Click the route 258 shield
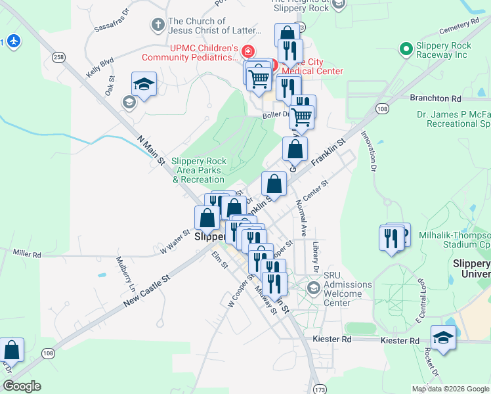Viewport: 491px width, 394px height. (x=59, y=58)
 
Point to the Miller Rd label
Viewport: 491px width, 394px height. (x=27, y=253)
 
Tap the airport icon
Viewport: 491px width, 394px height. (x=13, y=41)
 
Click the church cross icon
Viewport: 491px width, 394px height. (x=157, y=26)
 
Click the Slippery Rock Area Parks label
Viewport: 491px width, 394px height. (x=198, y=170)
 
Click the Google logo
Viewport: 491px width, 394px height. (x=22, y=386)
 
